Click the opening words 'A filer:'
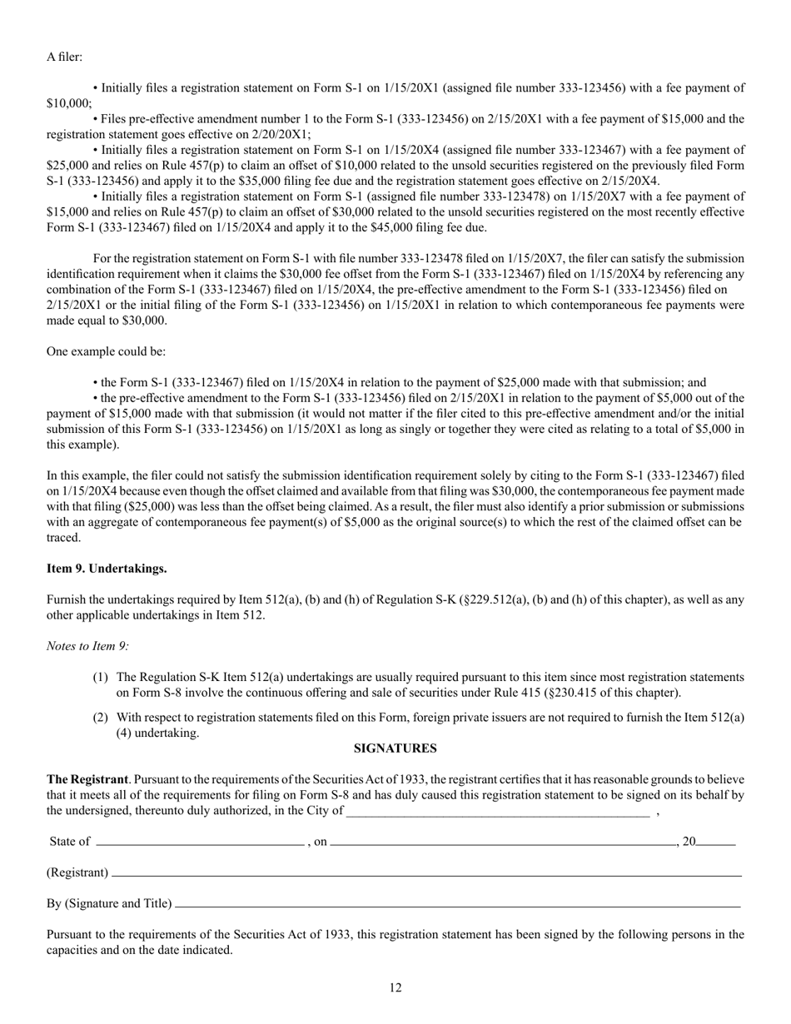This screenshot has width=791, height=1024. click(64, 57)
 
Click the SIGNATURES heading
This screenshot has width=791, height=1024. click(395, 748)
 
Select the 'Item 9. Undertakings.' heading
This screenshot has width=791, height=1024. click(107, 569)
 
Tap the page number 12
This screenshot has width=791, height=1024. click(395, 987)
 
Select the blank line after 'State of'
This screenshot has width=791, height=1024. click(200, 843)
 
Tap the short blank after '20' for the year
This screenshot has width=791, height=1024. click(716, 843)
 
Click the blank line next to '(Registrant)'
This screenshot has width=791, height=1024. click(425, 873)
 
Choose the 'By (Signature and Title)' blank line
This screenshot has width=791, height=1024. click(458, 904)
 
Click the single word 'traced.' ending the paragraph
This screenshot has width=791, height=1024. click(63, 537)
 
